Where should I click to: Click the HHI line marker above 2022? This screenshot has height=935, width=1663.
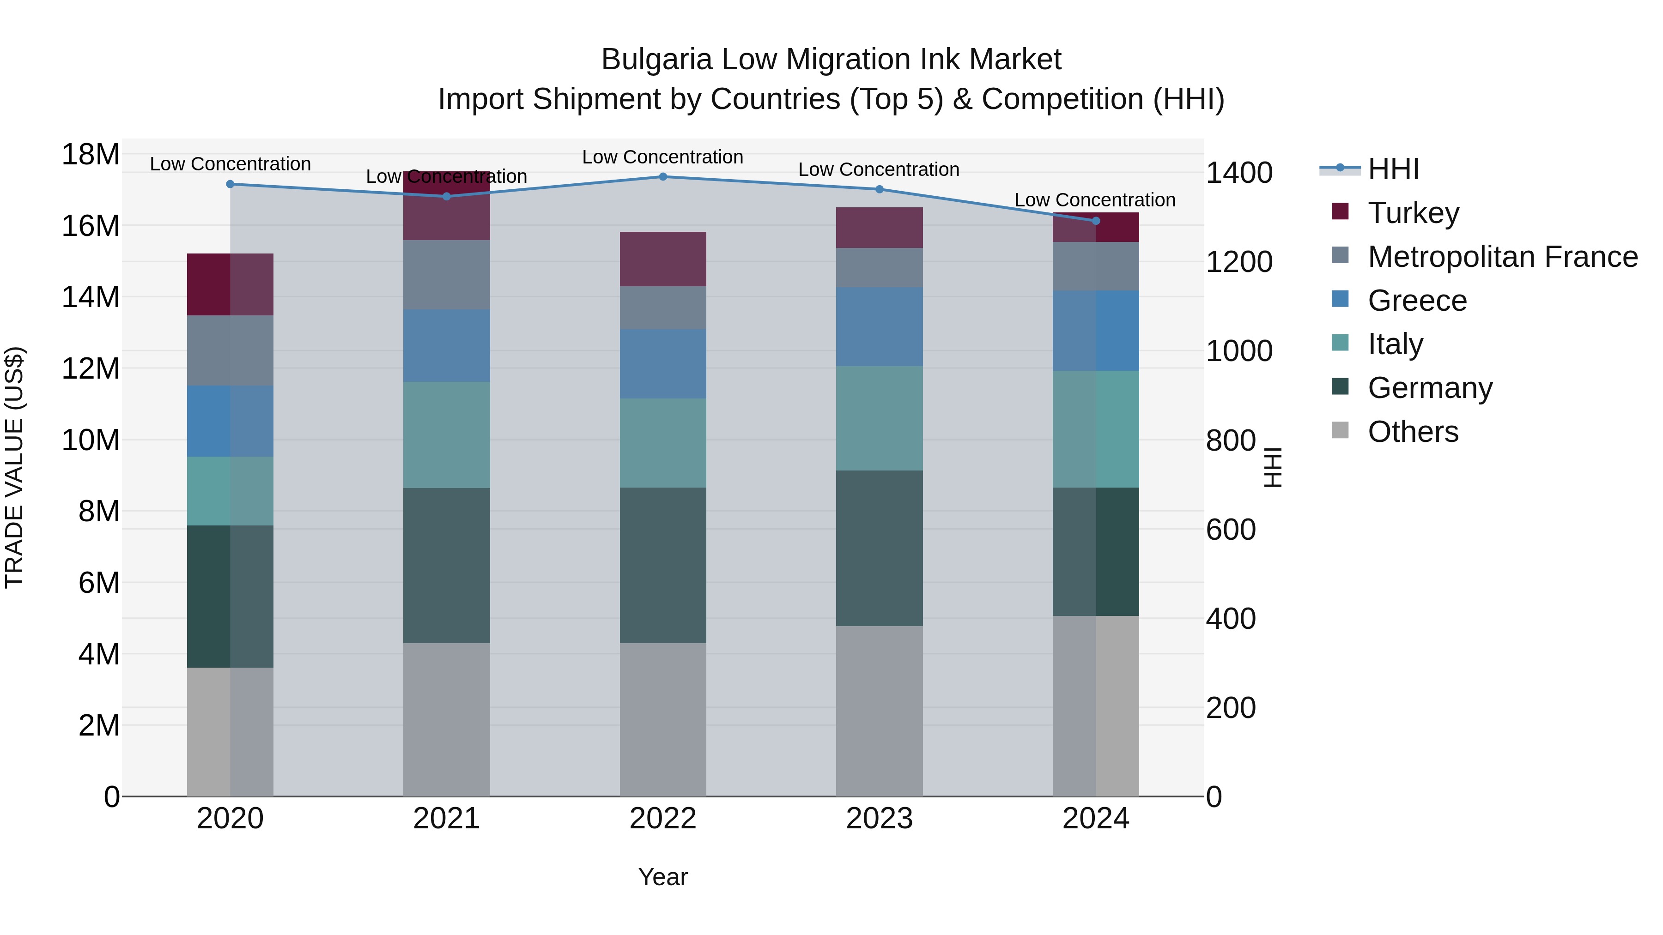(662, 177)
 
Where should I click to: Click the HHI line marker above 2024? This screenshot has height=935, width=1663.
(1096, 221)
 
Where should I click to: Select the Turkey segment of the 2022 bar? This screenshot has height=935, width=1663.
(662, 259)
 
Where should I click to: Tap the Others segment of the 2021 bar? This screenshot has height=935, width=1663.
(446, 719)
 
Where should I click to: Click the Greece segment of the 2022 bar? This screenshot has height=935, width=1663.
(662, 364)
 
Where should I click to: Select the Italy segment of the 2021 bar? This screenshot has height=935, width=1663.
(446, 434)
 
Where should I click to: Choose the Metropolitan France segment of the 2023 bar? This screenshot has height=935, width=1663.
(879, 268)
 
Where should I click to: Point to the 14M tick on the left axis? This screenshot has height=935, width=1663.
(91, 297)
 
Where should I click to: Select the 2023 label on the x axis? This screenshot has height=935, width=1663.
(879, 819)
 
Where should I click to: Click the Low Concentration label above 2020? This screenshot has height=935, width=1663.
(230, 164)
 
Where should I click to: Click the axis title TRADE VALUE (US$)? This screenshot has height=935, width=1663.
(14, 467)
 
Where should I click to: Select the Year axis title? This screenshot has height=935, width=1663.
(662, 877)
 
